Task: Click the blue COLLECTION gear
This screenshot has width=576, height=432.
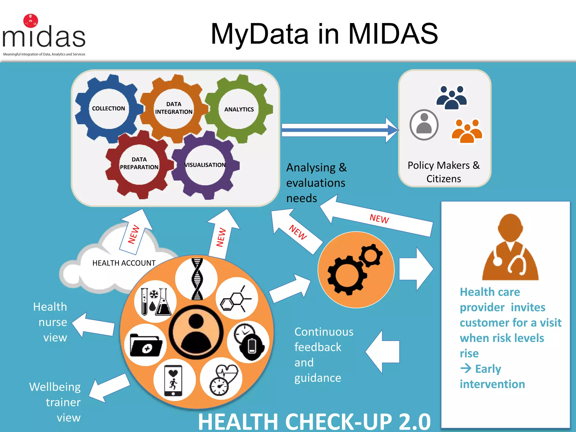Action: point(109,109)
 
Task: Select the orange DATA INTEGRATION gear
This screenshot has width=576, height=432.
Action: point(174,108)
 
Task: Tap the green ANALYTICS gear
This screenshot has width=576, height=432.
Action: point(239,109)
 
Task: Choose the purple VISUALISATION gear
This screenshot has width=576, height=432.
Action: point(205,165)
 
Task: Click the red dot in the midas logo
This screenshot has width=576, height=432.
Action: point(31,21)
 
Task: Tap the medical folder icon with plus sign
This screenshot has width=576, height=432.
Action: point(146,345)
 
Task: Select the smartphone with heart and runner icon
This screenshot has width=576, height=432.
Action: point(173,380)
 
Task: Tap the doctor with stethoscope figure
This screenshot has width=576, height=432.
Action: point(510,247)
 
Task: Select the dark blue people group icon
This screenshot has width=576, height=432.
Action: point(452,98)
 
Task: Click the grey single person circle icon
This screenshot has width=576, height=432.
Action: point(424,125)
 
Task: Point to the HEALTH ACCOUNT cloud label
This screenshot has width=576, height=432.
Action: point(124,263)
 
